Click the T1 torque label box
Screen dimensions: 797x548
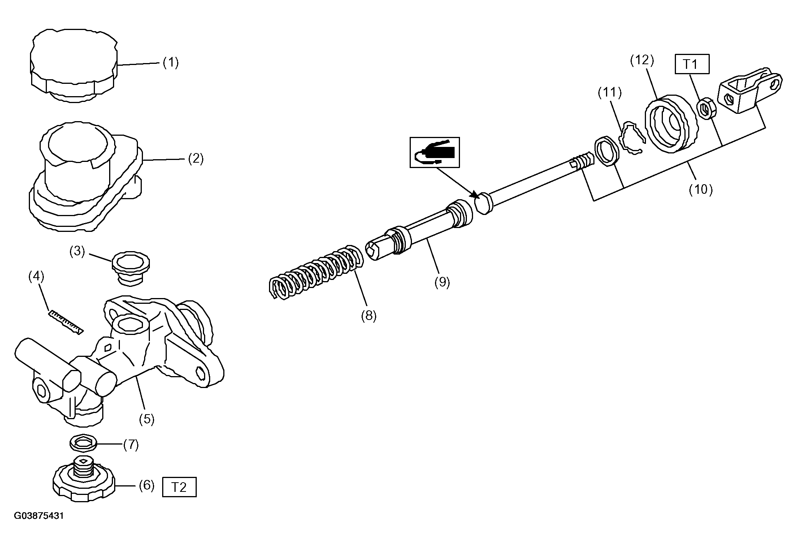692,64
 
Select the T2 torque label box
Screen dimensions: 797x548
179,487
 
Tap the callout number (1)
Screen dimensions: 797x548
171,62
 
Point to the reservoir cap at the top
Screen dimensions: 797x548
73,65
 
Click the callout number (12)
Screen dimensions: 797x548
642,60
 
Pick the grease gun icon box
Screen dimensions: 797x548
435,152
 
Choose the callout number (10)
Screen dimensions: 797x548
700,189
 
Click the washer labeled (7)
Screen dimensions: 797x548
83,443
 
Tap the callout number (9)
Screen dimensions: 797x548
442,282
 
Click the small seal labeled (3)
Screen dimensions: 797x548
131,268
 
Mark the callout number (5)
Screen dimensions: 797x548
146,419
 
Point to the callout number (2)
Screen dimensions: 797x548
196,158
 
